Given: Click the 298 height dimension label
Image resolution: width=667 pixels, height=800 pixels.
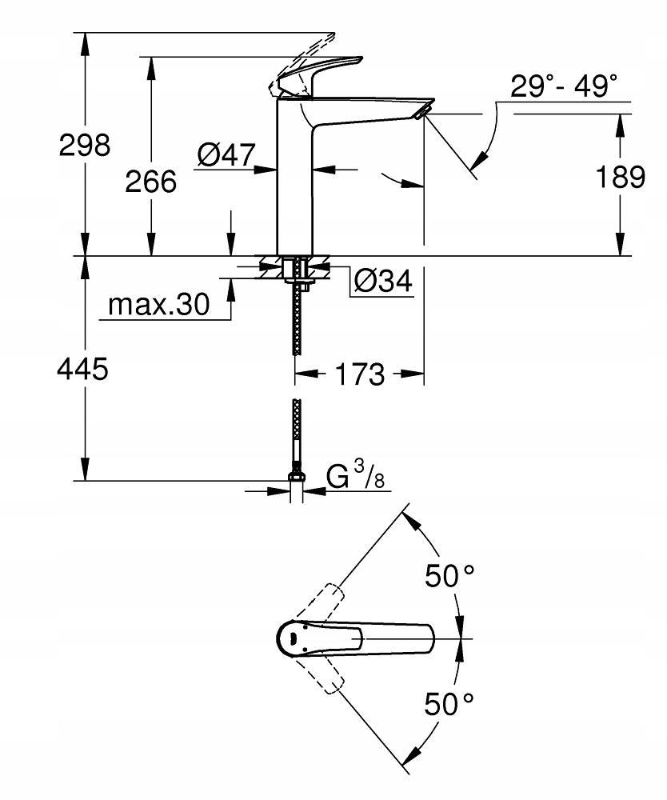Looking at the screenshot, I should coord(85,145).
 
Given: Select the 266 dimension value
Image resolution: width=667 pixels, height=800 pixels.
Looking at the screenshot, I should coord(150,182).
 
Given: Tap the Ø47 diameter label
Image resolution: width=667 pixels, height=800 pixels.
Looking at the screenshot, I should coord(225,155).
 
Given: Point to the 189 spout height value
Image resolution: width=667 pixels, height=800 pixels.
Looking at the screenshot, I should coord(621,177).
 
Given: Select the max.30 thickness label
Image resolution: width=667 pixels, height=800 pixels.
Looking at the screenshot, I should coord(158,305).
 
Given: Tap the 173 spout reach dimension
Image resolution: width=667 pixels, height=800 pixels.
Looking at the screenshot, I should coord(360,374).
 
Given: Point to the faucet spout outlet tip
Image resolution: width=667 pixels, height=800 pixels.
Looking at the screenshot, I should coord(423,111).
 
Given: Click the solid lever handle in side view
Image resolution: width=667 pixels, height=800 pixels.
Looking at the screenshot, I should coord(320,73).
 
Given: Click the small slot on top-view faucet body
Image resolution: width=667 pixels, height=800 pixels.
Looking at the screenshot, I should coord(294,638).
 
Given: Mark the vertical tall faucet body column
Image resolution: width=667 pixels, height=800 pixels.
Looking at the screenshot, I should coord(295,184).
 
